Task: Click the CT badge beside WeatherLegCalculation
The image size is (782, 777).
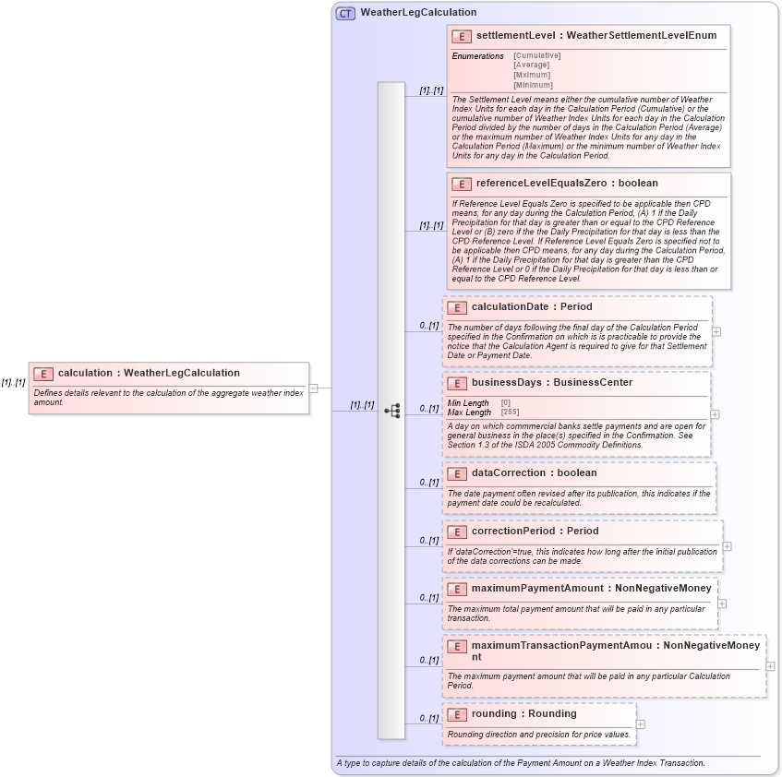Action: tap(345, 13)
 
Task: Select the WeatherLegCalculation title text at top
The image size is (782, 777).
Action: tap(418, 13)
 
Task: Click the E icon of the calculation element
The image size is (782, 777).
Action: tap(42, 374)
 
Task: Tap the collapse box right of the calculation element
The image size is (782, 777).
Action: tap(313, 388)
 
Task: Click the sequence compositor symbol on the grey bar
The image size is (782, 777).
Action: tap(391, 411)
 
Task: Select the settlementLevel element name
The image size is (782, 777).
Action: tap(516, 35)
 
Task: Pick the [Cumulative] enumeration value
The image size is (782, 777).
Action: tap(536, 55)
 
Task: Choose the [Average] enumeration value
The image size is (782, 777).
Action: tap(531, 66)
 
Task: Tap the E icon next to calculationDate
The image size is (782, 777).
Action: tap(456, 307)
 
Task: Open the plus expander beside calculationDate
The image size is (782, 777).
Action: tap(716, 331)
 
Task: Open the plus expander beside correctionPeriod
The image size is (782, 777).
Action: tap(728, 545)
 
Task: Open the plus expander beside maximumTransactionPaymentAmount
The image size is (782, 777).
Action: tap(770, 666)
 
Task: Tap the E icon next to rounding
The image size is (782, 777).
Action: tap(456, 714)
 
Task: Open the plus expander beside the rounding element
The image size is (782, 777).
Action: tap(641, 723)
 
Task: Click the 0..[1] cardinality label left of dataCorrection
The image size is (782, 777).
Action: tap(428, 482)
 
